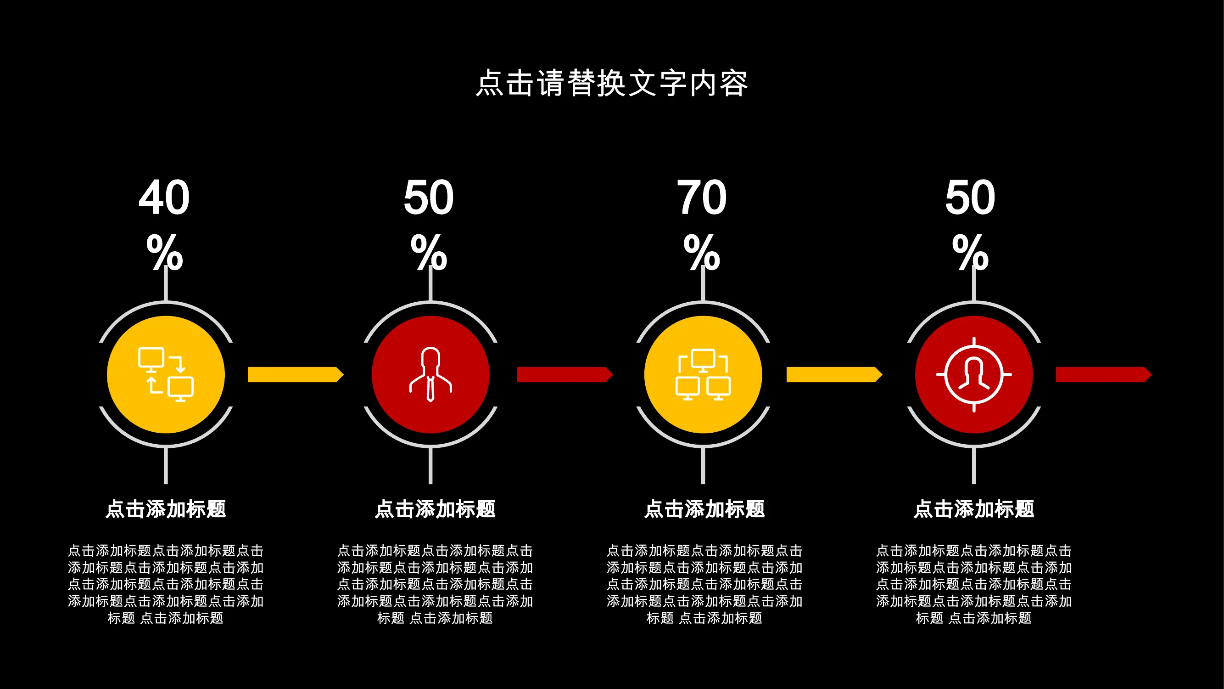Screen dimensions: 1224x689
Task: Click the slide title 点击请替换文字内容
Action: [612, 83]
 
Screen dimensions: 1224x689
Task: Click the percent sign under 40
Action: [164, 252]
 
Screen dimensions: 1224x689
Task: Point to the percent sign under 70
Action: [702, 252]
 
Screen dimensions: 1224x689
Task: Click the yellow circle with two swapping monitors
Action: [166, 375]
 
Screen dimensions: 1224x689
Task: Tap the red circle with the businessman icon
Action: [430, 375]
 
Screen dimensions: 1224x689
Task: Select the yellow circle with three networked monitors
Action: [703, 375]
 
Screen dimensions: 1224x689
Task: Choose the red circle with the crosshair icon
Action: [974, 375]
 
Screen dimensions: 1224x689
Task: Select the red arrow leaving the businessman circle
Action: [565, 375]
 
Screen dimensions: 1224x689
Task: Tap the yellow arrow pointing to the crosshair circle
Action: [834, 375]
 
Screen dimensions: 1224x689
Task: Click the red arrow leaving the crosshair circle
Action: [1104, 375]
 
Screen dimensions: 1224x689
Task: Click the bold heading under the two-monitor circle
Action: [166, 509]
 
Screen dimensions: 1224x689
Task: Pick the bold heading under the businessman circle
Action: [435, 509]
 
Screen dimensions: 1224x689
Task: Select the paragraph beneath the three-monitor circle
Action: [704, 584]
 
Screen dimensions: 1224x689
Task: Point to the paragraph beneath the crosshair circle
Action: [974, 584]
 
